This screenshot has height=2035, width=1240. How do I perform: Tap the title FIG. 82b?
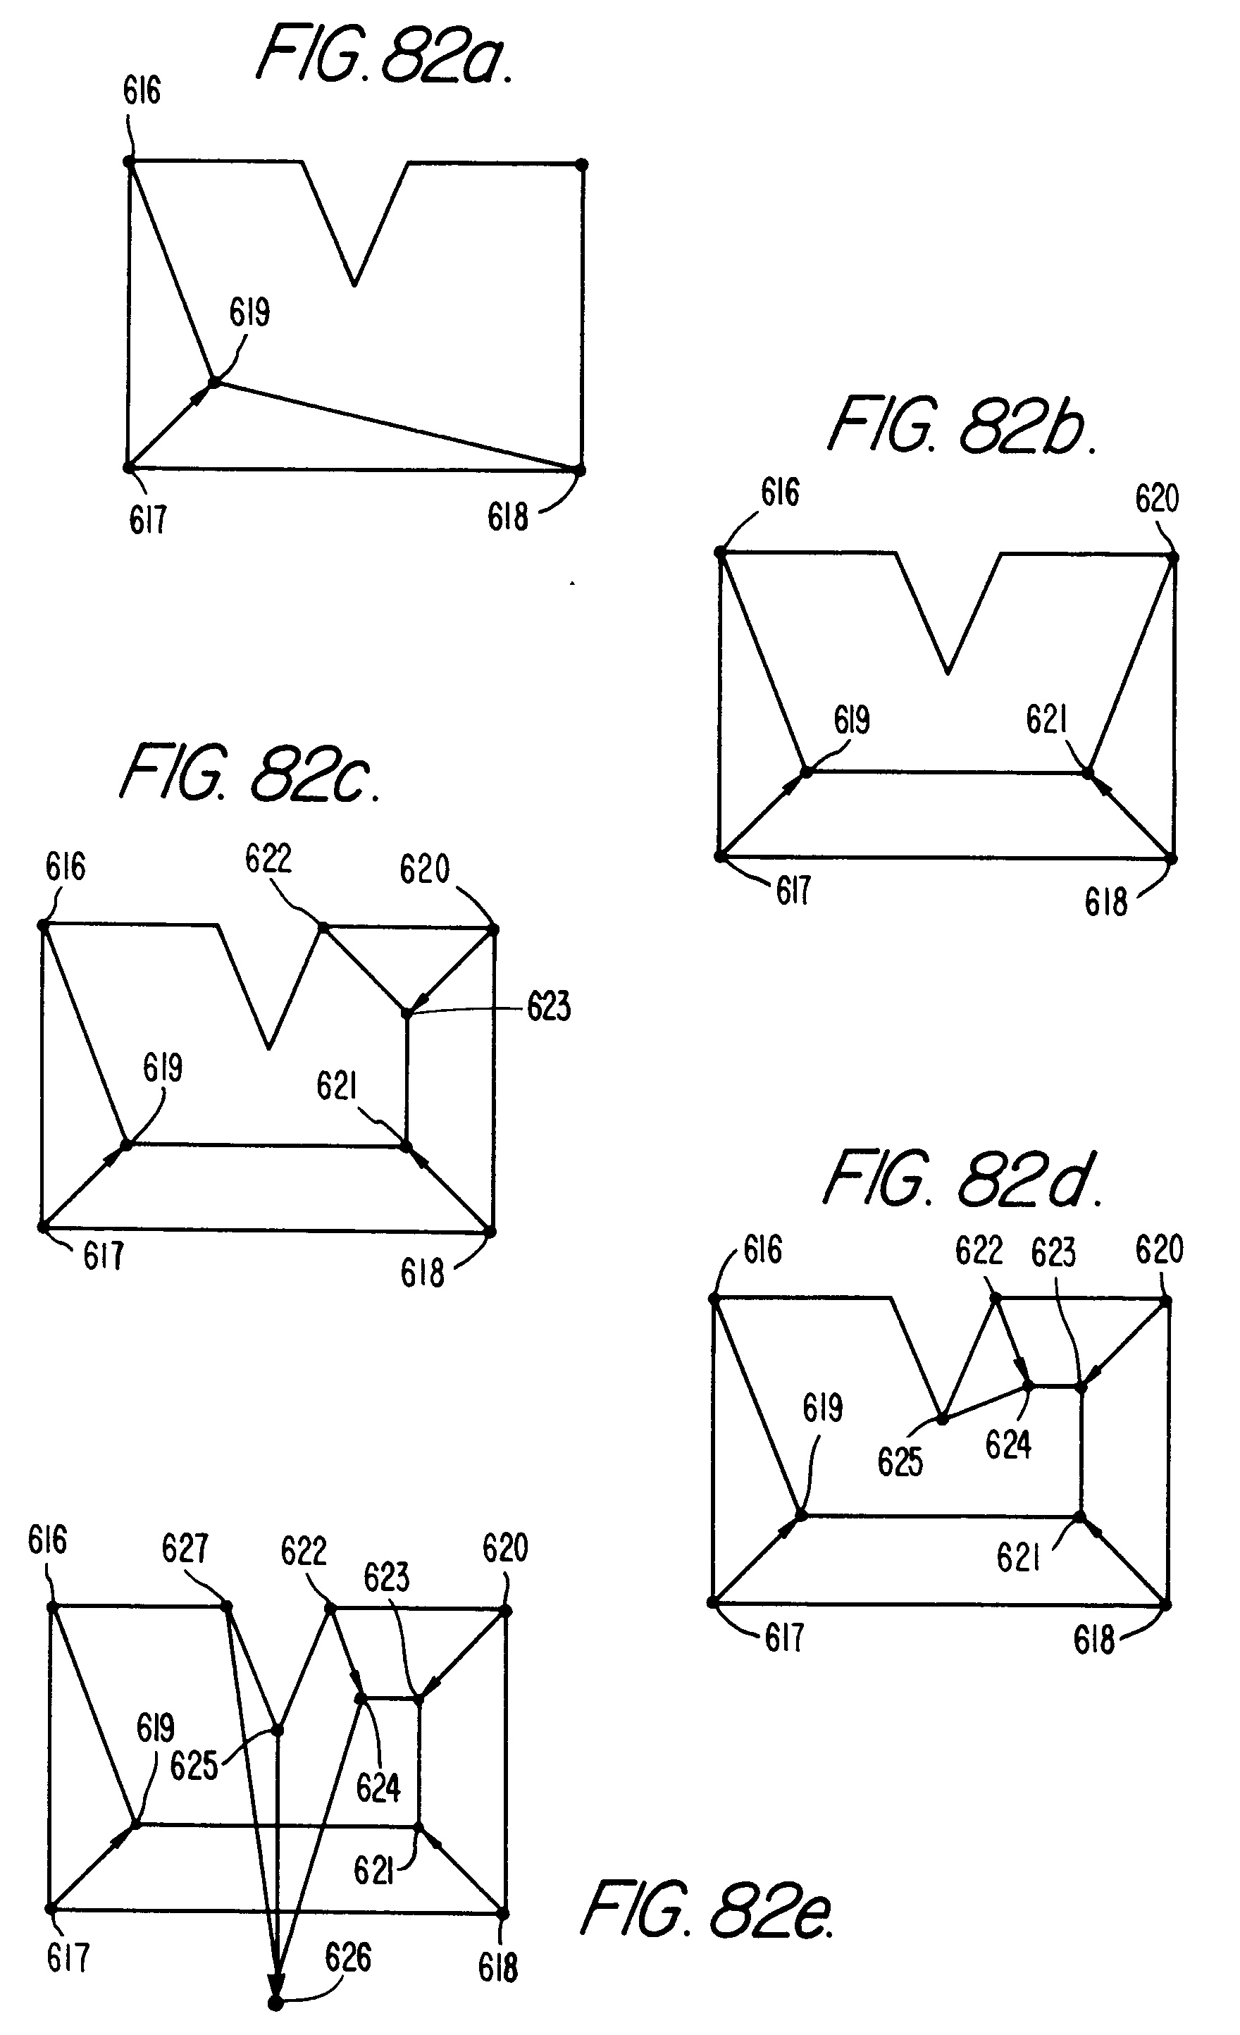962,426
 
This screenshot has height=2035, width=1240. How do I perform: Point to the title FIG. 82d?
962,1180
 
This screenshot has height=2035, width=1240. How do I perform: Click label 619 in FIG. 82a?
249,313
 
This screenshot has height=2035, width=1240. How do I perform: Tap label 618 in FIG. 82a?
507,517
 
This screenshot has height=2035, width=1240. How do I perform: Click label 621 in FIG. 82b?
1046,719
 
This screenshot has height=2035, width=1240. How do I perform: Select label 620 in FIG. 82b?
1157,499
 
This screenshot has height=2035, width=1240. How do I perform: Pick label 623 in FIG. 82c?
549,1007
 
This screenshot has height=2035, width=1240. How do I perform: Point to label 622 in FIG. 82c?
268,859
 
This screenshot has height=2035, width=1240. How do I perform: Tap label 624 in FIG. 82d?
1008,1445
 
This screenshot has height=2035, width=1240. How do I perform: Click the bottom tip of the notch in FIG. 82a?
354,284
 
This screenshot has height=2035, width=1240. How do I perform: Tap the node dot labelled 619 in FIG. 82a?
213,382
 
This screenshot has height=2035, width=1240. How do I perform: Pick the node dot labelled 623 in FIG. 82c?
407,1013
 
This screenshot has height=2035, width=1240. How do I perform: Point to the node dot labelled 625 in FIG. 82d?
942,1419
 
